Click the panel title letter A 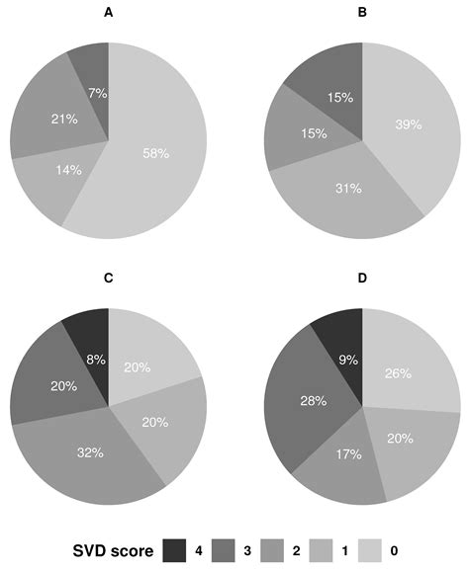pos(108,14)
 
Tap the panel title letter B pos(362,14)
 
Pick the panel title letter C pos(108,280)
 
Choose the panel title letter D pos(362,280)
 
